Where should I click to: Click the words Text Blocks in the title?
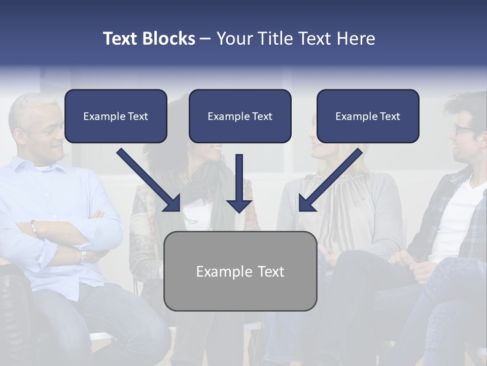click(149, 39)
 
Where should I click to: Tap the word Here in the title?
click(356, 39)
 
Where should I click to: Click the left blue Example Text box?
click(116, 116)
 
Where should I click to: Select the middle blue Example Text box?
click(240, 116)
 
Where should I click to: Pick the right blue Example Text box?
click(368, 116)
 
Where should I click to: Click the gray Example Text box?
click(240, 271)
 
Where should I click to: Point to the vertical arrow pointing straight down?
click(239, 183)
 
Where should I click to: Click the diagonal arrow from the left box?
click(150, 180)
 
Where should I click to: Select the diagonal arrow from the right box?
click(330, 180)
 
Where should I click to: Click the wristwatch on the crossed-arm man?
click(83, 256)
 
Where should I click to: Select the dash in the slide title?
click(205, 39)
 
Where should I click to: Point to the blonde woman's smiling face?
click(325, 142)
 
